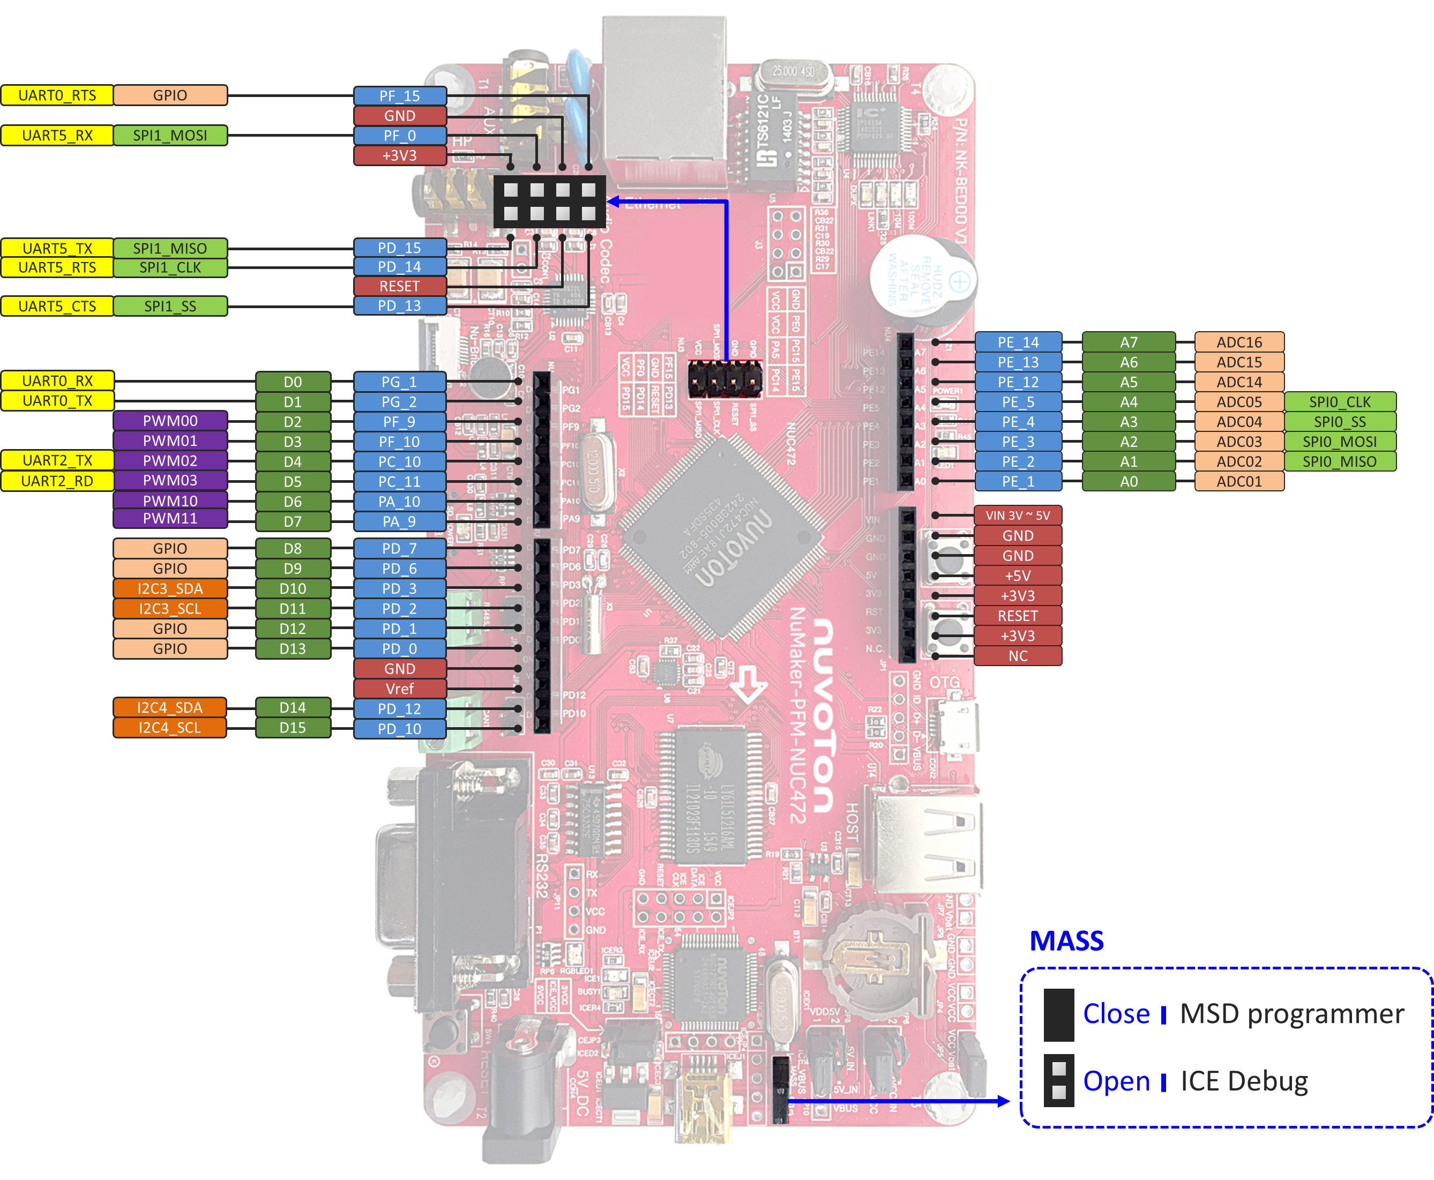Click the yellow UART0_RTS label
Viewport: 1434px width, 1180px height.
point(57,95)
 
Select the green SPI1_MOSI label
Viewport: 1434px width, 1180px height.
point(170,135)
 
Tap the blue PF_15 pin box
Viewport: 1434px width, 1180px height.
point(400,96)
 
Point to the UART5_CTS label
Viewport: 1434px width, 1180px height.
point(57,306)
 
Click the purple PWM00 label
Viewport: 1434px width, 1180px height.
point(170,421)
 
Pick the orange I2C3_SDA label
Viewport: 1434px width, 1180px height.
point(170,588)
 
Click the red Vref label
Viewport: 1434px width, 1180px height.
point(400,689)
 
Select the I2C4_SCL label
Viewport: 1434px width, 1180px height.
point(170,727)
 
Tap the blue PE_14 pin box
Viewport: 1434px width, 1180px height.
point(1018,342)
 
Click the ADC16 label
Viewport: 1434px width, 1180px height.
point(1239,342)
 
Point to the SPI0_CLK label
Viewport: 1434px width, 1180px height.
point(1340,402)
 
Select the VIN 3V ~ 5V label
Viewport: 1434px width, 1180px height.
point(1018,515)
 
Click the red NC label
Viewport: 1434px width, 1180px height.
point(1018,656)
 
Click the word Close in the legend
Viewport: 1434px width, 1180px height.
point(1116,1013)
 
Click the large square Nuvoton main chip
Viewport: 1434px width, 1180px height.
point(722,537)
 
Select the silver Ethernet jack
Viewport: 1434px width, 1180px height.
point(664,95)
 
